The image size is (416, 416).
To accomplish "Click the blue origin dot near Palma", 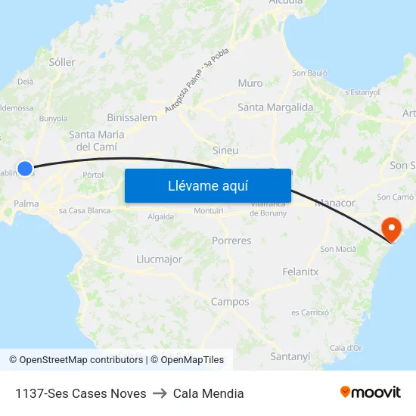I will point(25,169).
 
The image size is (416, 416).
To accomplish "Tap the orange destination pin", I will point(392,228).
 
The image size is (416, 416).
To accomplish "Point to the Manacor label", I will point(334,203).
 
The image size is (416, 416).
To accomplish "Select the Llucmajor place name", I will point(160,259).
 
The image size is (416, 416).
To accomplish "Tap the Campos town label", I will point(230,302).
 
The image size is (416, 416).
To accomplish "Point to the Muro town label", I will point(250,83).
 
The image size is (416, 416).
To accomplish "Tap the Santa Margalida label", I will point(275,107).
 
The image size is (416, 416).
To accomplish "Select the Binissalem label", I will point(132,117).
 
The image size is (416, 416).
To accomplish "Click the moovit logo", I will point(371,393).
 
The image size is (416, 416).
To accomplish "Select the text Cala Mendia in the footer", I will point(208,393).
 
